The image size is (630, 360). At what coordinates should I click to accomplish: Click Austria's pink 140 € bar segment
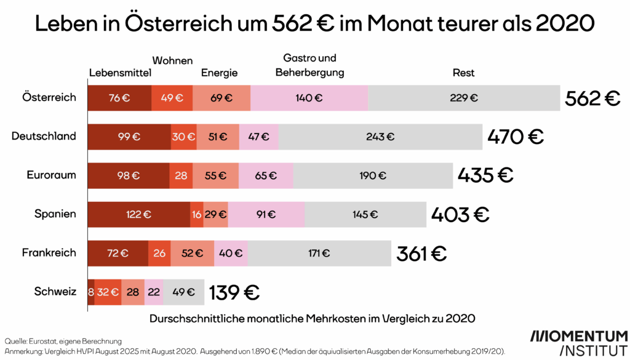coord(309,98)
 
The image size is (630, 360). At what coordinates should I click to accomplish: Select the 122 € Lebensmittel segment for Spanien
coord(139,214)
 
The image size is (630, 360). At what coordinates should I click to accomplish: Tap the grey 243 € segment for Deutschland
coord(380,137)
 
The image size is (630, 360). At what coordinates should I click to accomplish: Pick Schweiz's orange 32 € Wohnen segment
coord(108,292)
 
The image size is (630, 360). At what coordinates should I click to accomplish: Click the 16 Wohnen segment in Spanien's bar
coord(197,214)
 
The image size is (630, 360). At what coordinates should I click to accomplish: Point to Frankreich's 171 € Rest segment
coord(319,253)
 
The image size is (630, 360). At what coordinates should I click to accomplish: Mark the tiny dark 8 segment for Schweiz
coord(91,292)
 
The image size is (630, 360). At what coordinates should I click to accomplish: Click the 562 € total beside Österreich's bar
coord(592,98)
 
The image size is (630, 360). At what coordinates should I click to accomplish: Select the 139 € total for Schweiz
coord(234,292)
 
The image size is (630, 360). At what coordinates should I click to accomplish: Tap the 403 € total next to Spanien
coord(460,214)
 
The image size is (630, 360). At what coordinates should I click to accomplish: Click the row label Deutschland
coord(44,136)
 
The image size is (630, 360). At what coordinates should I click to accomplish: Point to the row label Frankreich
coord(49,252)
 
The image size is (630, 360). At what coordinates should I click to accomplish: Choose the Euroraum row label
coord(51,175)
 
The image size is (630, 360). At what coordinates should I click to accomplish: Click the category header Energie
coord(219,73)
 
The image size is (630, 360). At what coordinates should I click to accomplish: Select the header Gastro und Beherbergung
coord(309,65)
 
